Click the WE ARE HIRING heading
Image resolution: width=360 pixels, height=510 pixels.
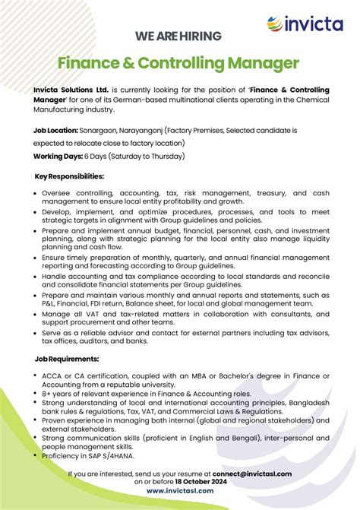pos(178,36)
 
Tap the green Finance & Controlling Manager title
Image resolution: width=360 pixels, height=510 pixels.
pos(179,63)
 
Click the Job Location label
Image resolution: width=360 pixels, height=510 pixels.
pos(55,131)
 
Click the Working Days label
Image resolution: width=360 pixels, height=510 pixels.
pos(58,156)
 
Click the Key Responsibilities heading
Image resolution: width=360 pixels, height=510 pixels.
pos(70,176)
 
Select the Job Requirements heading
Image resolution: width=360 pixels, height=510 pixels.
pos(67,358)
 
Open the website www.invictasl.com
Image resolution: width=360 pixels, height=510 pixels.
pos(179,491)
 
